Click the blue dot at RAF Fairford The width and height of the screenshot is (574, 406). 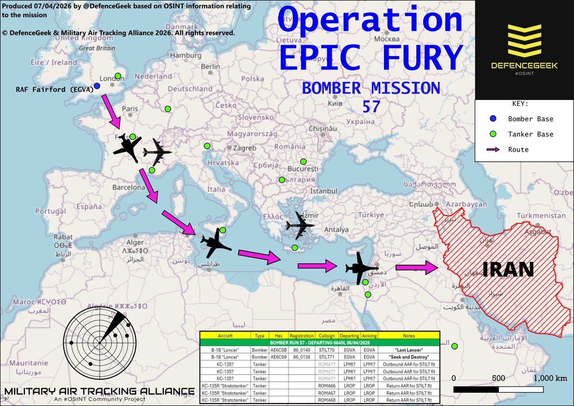tap(97, 86)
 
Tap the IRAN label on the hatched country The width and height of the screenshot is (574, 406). tap(508, 270)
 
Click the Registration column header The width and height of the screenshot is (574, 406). tap(302, 336)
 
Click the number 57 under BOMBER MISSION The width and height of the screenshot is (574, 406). tap(371, 106)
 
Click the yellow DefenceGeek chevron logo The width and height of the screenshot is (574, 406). tap(525, 42)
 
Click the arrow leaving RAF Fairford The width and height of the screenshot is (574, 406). tap(111, 111)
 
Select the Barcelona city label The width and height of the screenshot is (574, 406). tap(128, 187)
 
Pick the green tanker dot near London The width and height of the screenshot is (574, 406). tap(118, 76)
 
